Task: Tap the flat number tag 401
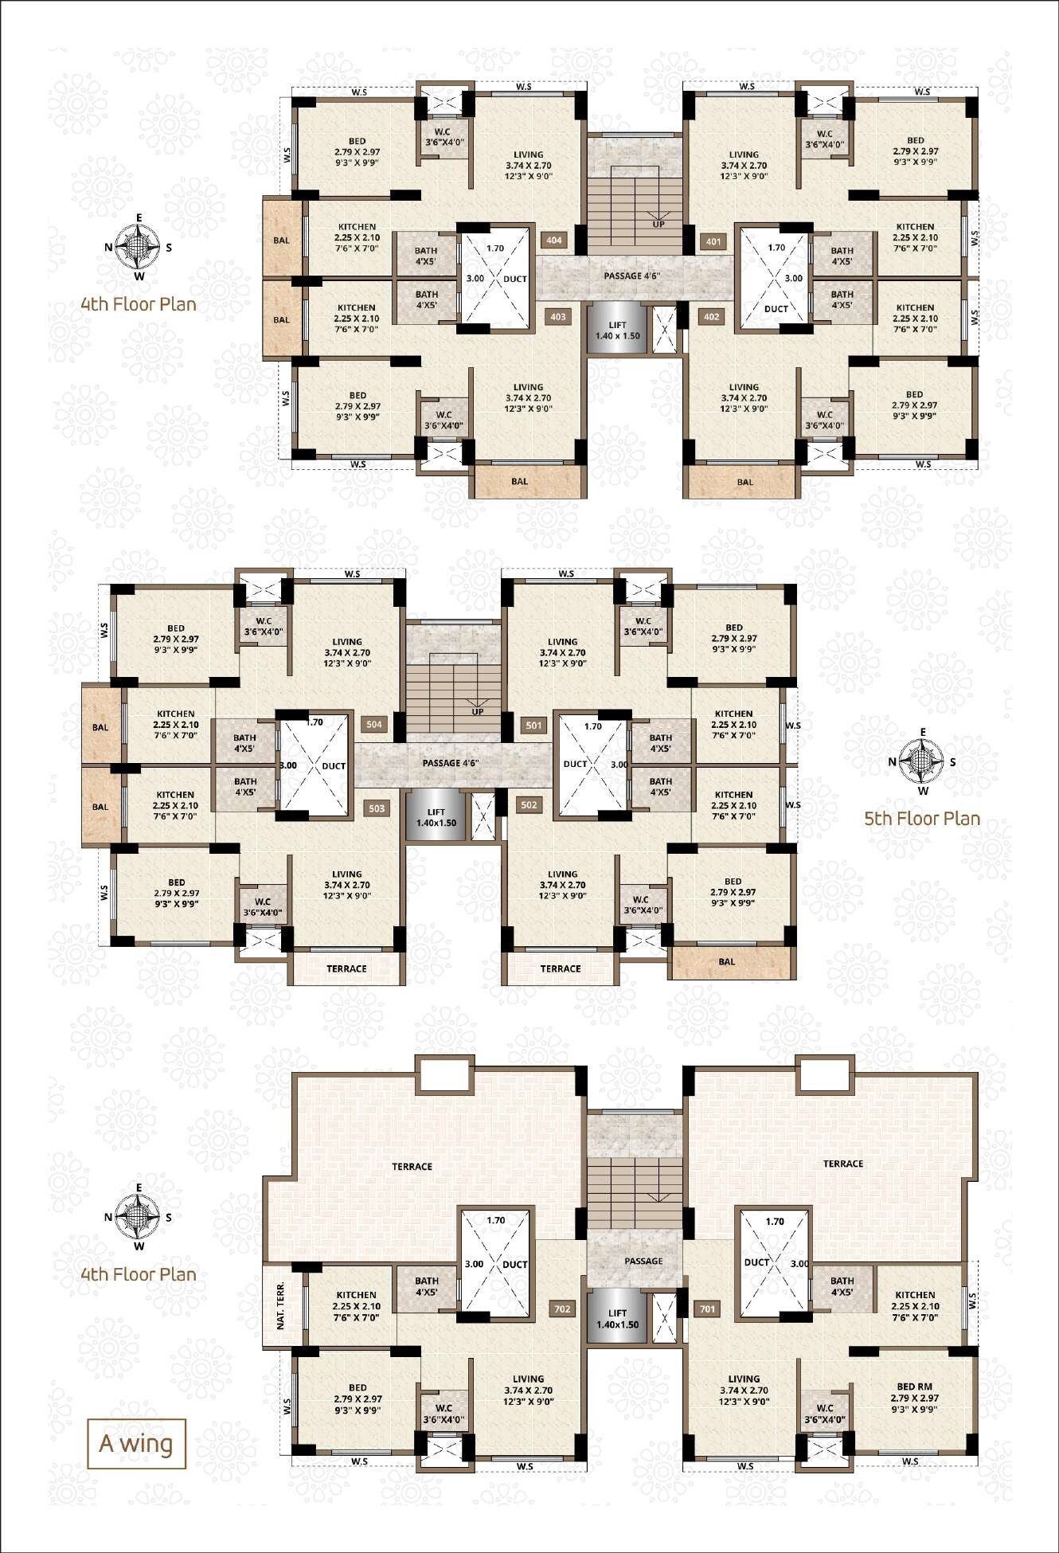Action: point(713,241)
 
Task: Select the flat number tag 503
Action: point(377,808)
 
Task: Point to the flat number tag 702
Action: point(562,1309)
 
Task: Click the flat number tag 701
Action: point(707,1309)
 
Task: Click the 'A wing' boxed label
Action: point(136,1443)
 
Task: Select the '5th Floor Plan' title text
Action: point(922,819)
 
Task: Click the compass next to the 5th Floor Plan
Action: point(923,762)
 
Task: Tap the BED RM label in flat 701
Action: point(914,1387)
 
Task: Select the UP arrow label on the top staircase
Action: point(658,224)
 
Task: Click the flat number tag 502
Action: point(529,805)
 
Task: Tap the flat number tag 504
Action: point(374,725)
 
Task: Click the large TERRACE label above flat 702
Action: point(412,1167)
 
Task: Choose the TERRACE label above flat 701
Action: point(843,1164)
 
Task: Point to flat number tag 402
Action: point(711,316)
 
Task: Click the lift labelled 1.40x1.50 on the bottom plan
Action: point(617,1319)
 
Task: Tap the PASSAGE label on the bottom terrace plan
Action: point(643,1261)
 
